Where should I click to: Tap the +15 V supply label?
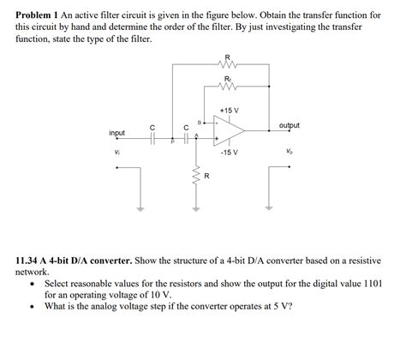click(229, 111)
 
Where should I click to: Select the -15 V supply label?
click(229, 152)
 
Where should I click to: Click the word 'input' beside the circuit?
click(117, 133)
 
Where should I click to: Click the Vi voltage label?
click(117, 153)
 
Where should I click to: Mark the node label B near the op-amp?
click(199, 122)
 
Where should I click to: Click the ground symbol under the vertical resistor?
click(193, 208)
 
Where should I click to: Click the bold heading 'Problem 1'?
click(40, 11)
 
